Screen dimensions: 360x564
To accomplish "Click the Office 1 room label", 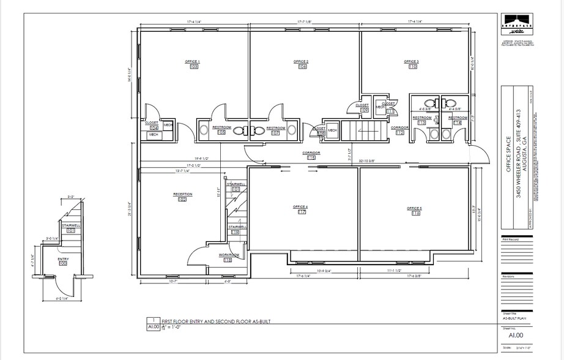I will click(x=193, y=62).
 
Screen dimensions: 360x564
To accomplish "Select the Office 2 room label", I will click(x=301, y=62).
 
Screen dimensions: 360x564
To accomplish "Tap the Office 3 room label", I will click(x=411, y=62).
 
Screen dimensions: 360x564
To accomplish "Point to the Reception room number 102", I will click(x=182, y=200).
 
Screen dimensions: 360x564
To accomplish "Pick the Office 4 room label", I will click(x=301, y=208).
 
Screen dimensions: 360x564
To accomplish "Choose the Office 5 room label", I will click(x=415, y=209).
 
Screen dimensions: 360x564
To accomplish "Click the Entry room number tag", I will click(x=63, y=263).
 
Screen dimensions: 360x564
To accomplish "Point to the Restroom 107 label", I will click(x=275, y=129).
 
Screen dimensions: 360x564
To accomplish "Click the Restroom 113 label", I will click(x=421, y=119).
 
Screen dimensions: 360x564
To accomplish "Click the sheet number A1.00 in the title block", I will click(x=515, y=335).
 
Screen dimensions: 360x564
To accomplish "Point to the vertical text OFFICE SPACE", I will click(x=508, y=155).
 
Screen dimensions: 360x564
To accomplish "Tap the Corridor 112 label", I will click(x=400, y=130).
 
